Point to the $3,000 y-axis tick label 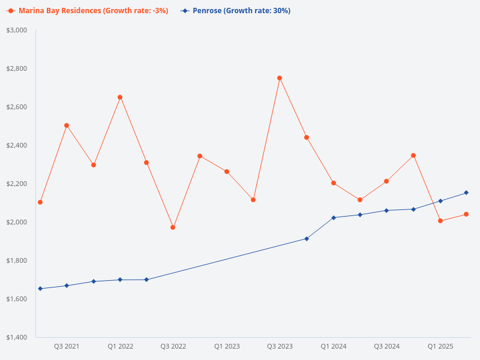16,30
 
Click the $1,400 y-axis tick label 16,337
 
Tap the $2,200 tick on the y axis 16,184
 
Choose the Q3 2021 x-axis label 67,347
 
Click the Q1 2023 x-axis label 227,347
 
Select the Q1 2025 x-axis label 440,347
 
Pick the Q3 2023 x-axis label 280,347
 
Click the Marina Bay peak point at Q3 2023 280,78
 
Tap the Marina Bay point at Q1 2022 120,97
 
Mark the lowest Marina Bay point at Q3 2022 173,227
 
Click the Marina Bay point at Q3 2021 67,125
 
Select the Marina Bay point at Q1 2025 440,221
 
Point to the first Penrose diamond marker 40,289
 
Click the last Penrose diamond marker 466,193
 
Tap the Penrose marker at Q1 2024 334,217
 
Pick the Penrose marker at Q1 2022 120,280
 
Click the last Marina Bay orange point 466,214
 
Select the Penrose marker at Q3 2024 386,211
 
